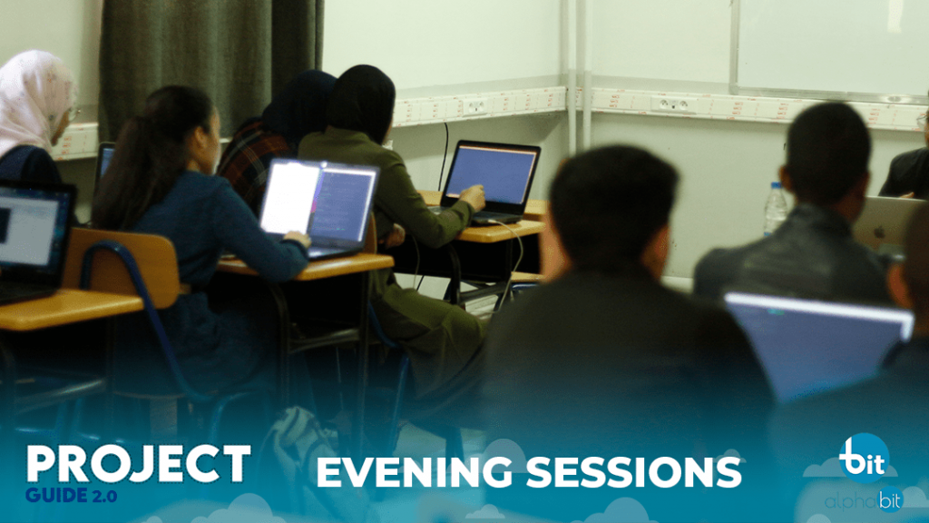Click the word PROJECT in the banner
(x=139, y=463)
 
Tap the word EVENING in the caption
(x=415, y=472)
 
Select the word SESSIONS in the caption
(x=633, y=472)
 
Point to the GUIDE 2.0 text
(x=71, y=496)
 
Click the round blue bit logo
(x=865, y=458)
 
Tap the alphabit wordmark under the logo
(x=864, y=501)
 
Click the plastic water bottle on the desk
(x=775, y=209)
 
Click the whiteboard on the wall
(x=829, y=46)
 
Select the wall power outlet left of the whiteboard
(x=673, y=105)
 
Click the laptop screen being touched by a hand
(x=491, y=173)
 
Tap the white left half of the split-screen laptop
(x=289, y=197)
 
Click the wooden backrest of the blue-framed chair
(x=122, y=267)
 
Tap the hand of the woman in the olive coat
(x=474, y=196)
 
